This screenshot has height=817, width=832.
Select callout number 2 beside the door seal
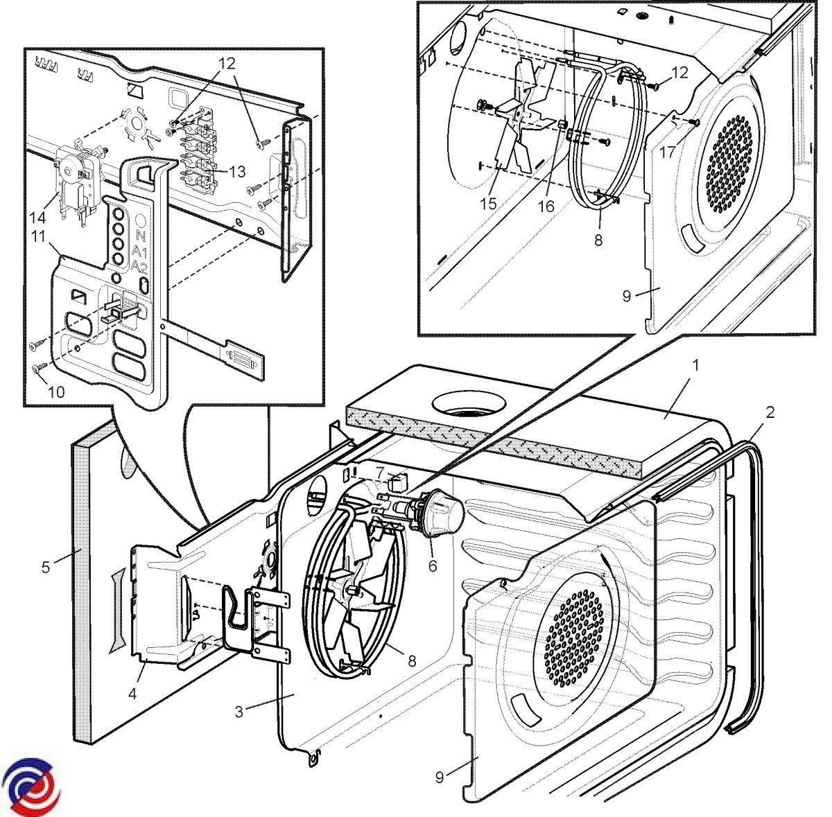pyautogui.click(x=770, y=412)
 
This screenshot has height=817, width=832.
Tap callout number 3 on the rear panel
pyautogui.click(x=239, y=712)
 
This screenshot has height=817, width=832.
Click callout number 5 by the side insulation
pyautogui.click(x=46, y=568)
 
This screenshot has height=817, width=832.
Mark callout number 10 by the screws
pyautogui.click(x=56, y=392)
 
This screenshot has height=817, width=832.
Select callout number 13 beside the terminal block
pyautogui.click(x=237, y=172)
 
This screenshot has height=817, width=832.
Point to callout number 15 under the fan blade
pyautogui.click(x=489, y=204)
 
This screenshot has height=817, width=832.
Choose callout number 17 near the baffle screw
pyautogui.click(x=667, y=152)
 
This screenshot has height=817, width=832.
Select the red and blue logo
pyautogui.click(x=31, y=789)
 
